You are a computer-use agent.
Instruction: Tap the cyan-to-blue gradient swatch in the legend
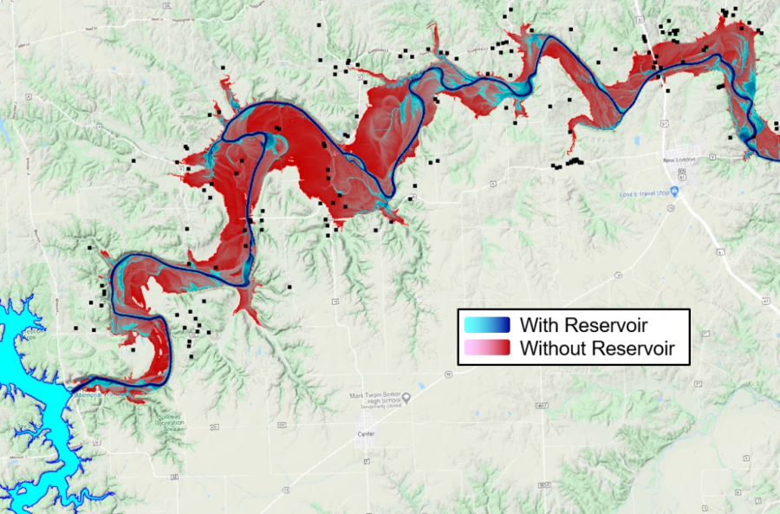pyautogui.click(x=486, y=325)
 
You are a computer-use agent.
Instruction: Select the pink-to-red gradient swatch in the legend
pyautogui.click(x=486, y=349)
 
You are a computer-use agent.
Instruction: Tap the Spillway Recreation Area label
pyautogui.click(x=170, y=420)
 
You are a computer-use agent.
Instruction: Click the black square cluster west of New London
pyautogui.click(x=569, y=162)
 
